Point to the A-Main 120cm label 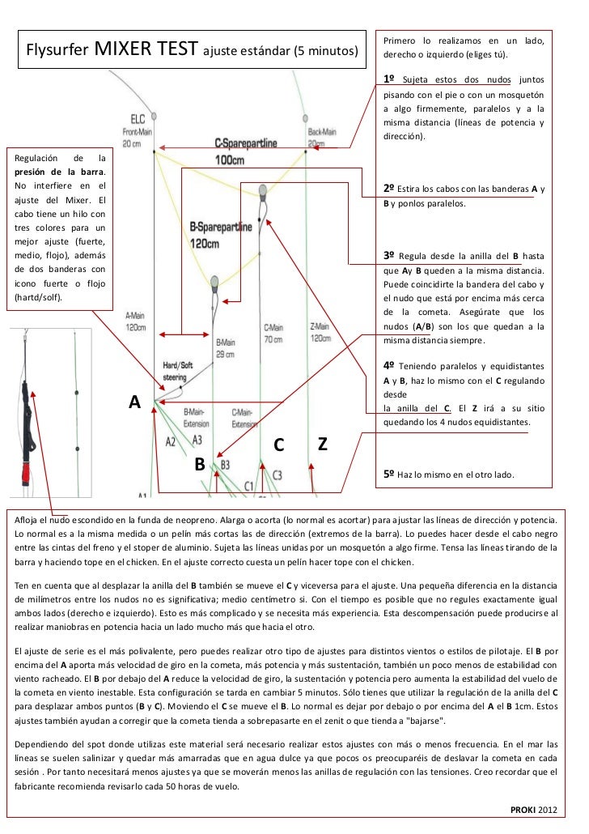(136, 321)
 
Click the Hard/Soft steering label (178, 370)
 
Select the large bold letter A (135, 402)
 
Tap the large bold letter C (278, 445)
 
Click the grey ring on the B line (214, 283)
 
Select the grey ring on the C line (262, 191)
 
